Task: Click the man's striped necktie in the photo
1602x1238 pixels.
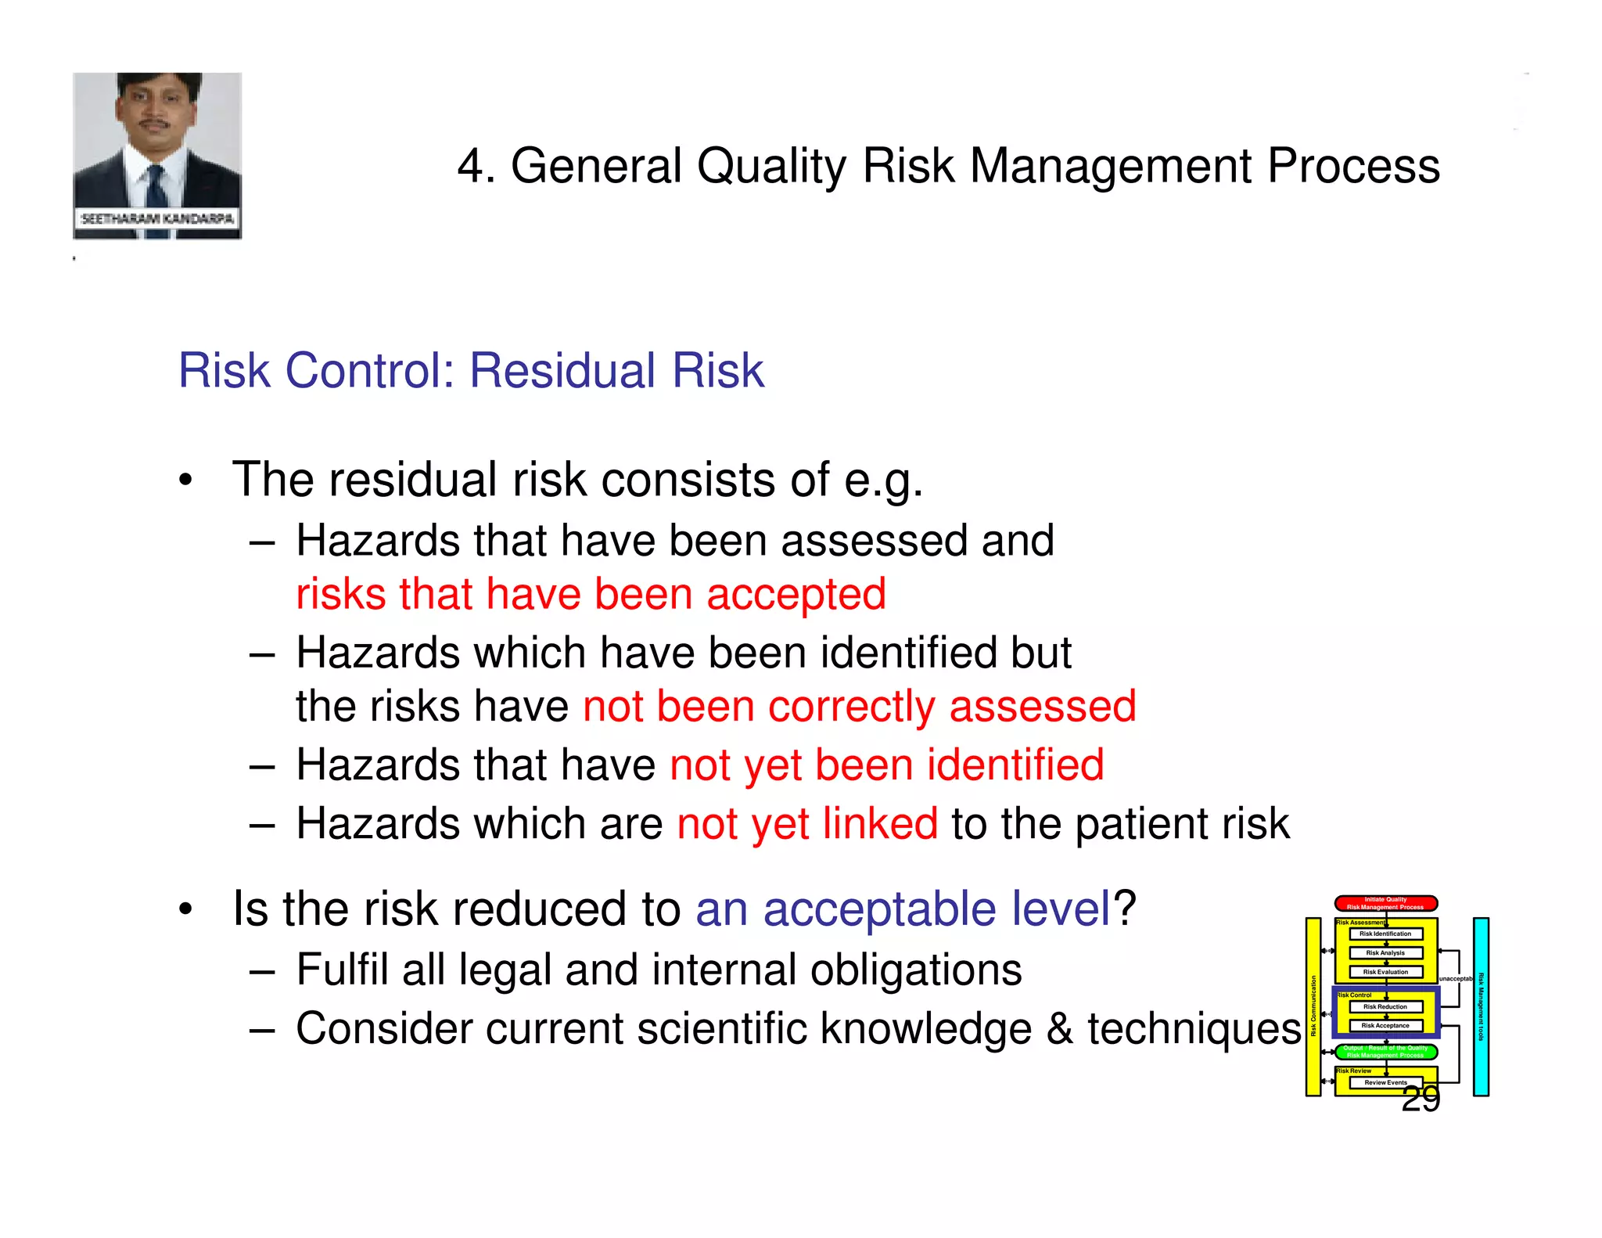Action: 156,188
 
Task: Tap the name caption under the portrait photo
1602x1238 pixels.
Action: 157,218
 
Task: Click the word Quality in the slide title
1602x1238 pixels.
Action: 771,167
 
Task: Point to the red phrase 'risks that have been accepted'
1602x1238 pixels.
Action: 591,594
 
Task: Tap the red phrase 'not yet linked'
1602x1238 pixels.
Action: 806,824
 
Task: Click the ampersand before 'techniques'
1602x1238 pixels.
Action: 1059,1028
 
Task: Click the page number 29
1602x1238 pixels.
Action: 1421,1099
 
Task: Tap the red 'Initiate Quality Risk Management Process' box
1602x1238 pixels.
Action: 1385,903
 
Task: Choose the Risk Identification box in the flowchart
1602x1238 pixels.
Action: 1385,934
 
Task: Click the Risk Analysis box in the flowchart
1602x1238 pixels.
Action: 1385,952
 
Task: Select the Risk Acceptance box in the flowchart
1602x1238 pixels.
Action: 1385,1025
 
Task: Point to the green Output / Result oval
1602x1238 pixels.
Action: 1385,1051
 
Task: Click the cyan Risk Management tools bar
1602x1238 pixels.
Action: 1480,1006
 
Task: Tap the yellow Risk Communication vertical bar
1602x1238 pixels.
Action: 1313,1006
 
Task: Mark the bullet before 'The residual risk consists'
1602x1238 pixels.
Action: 185,480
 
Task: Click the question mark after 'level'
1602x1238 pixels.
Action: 1125,909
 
